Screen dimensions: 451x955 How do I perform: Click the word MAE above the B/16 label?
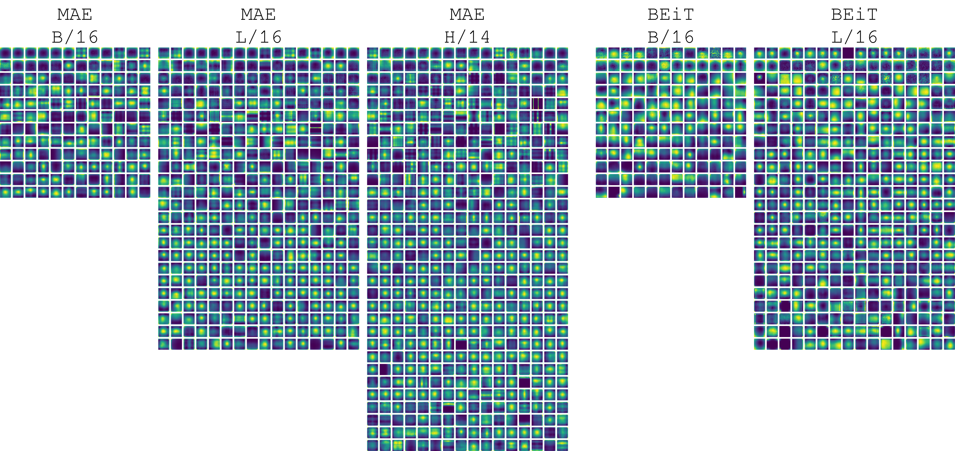(75, 15)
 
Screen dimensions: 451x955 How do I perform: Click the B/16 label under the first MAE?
(75, 37)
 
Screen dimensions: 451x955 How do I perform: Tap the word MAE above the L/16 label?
(258, 15)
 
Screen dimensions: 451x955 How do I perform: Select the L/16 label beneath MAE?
(258, 37)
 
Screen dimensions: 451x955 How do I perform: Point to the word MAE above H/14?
(467, 15)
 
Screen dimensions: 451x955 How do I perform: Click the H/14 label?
(467, 37)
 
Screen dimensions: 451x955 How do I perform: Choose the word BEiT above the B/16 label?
(671, 15)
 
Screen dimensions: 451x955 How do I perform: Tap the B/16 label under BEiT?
(671, 37)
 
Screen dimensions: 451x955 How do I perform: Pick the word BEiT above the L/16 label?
(854, 15)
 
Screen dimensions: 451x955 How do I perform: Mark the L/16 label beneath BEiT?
(854, 37)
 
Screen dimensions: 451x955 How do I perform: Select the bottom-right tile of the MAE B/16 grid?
(145, 192)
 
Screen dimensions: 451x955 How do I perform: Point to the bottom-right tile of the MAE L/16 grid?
(353, 344)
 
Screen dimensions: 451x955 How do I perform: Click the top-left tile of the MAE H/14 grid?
(373, 53)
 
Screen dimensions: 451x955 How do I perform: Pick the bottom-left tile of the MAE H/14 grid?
(373, 445)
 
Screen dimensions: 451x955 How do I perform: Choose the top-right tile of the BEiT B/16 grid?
(740, 53)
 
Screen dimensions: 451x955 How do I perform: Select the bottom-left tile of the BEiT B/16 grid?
(601, 192)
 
